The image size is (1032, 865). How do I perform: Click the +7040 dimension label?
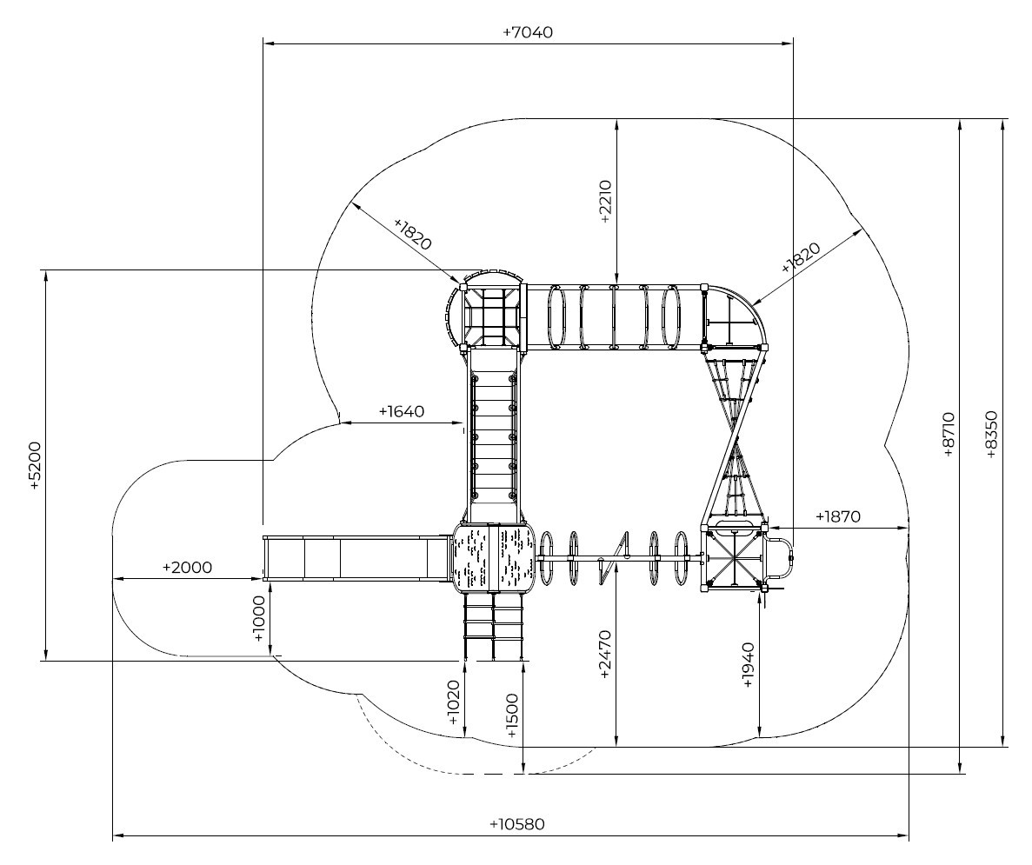[x=527, y=32]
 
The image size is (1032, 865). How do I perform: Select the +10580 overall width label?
[x=517, y=824]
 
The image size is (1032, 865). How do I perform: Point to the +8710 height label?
[x=948, y=435]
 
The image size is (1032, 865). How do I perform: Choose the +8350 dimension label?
[x=992, y=435]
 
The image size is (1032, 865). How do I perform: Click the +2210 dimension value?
[x=606, y=202]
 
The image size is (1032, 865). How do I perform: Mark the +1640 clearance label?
[x=402, y=411]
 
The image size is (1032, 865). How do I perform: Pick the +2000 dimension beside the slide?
[x=187, y=567]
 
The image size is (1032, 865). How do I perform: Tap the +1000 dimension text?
[x=259, y=619]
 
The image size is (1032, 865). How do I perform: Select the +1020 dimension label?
[x=454, y=702]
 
